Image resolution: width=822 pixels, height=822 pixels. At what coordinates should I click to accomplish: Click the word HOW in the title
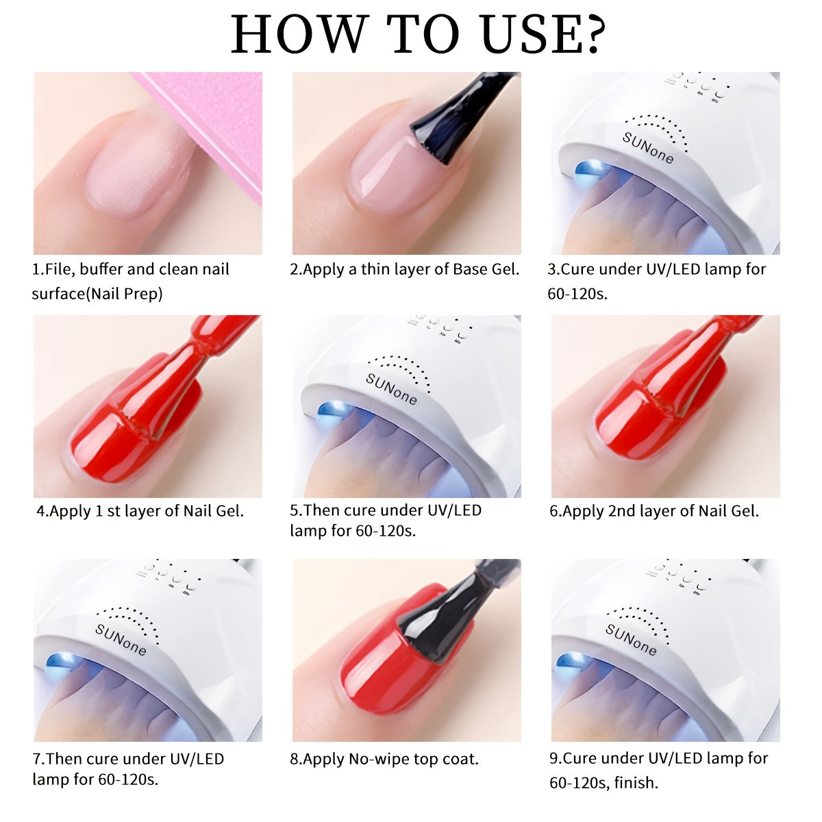click(x=299, y=34)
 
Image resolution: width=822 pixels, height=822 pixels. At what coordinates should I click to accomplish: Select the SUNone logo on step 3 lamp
click(x=647, y=147)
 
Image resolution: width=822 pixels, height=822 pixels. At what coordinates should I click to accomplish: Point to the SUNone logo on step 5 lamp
click(x=391, y=389)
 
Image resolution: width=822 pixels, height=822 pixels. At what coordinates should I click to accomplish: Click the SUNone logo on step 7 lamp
click(x=121, y=639)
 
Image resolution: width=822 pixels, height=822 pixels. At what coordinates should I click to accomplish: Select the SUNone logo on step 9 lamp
click(x=631, y=639)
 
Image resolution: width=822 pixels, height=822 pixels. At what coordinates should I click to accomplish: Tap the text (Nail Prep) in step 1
click(x=124, y=294)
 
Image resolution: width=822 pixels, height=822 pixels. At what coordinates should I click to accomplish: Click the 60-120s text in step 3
click(x=577, y=294)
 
